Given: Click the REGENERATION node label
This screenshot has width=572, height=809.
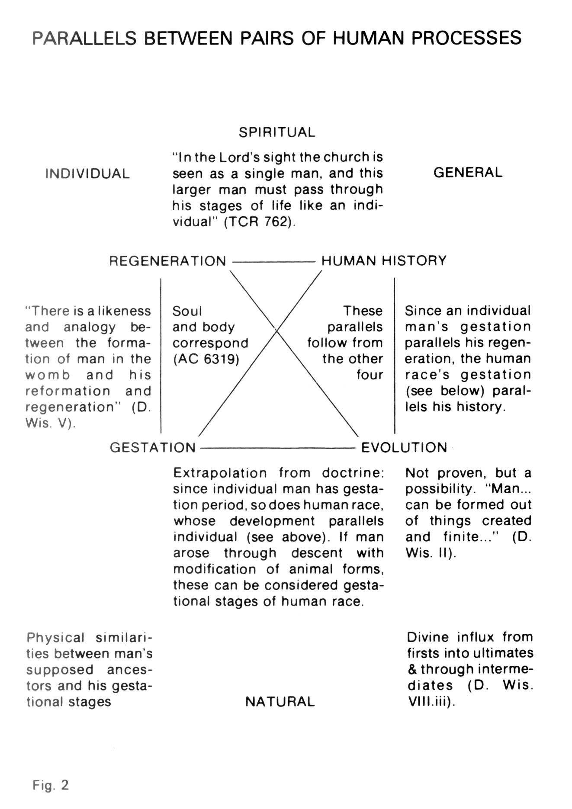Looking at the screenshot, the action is tap(167, 261).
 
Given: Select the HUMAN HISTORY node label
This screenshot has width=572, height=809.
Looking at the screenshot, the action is tap(384, 261).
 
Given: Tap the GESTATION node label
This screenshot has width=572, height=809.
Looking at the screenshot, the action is tap(153, 447).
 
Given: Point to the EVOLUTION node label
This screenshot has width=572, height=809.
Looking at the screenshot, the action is tap(404, 447).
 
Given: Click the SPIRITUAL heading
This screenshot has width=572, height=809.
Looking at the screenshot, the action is tap(277, 132).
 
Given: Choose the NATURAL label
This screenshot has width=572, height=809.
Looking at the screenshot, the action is tap(280, 702).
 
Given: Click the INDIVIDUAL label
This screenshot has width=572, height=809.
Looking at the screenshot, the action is tap(87, 174).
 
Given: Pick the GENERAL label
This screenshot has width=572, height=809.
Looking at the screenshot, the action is tap(468, 173).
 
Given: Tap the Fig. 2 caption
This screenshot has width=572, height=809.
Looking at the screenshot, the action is tap(51, 785).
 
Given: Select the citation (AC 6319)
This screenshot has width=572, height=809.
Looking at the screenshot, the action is tap(206, 359).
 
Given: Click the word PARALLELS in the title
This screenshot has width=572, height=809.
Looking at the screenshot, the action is tap(84, 39).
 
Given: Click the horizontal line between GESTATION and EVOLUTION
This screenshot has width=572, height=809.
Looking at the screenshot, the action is tap(278, 448).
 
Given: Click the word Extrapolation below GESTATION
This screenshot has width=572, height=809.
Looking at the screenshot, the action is tap(220, 473).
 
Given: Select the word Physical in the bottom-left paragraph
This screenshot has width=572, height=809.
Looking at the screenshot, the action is tap(55, 638).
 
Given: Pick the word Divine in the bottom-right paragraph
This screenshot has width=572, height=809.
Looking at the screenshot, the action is tap(428, 637).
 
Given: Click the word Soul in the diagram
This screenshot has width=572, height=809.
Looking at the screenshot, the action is tap(187, 311).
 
